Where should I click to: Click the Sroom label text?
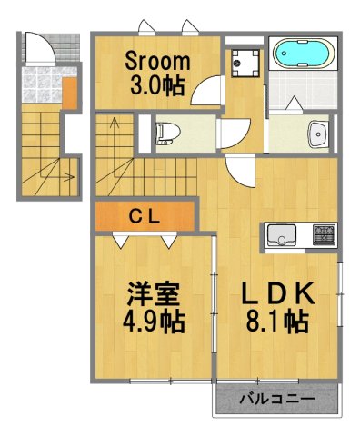tap(157, 63)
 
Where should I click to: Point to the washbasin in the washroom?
tap(317, 134)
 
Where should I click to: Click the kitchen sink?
tap(281, 237)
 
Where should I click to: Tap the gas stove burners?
tap(324, 236)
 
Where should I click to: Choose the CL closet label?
tap(145, 215)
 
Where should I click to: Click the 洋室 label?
tap(153, 295)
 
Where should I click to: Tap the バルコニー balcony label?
tap(276, 399)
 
